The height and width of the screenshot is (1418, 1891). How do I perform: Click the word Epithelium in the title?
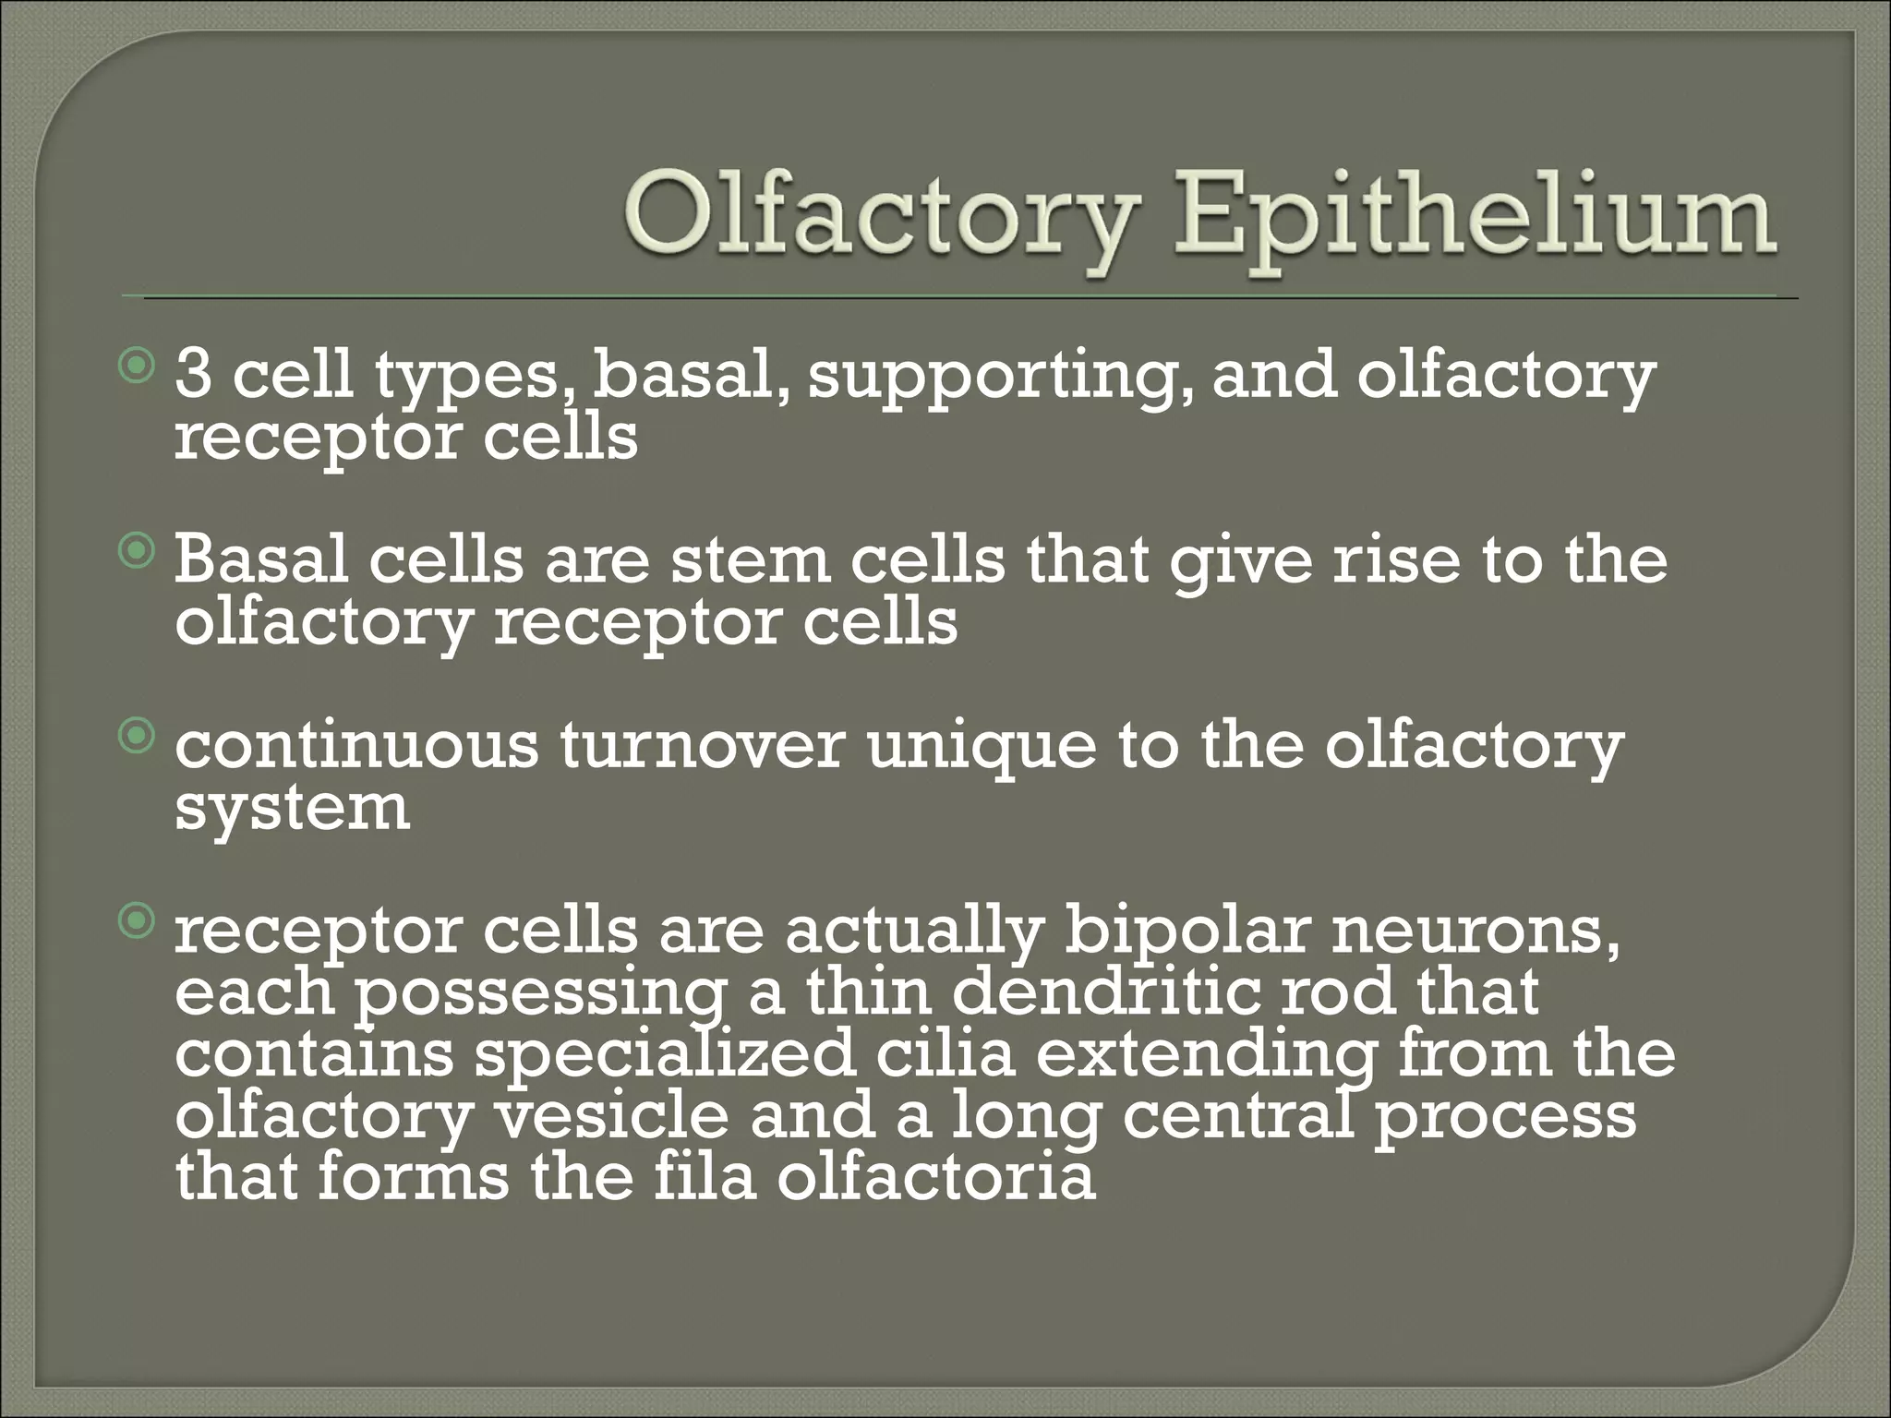pyautogui.click(x=1474, y=220)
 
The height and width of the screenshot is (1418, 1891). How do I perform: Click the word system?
pyautogui.click(x=292, y=809)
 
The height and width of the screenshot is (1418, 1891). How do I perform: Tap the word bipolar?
pyautogui.click(x=1186, y=932)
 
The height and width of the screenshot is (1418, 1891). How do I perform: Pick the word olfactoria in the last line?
pyautogui.click(x=936, y=1177)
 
